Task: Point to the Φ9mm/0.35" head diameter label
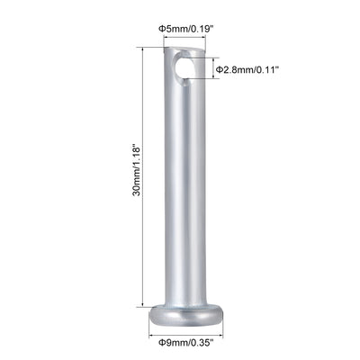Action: click(186, 343)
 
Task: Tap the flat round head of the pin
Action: click(185, 316)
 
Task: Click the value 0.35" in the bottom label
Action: click(202, 343)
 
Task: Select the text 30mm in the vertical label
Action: click(135, 196)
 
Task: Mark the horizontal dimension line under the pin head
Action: click(185, 331)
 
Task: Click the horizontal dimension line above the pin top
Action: click(185, 40)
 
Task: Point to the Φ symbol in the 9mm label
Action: click(163, 343)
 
